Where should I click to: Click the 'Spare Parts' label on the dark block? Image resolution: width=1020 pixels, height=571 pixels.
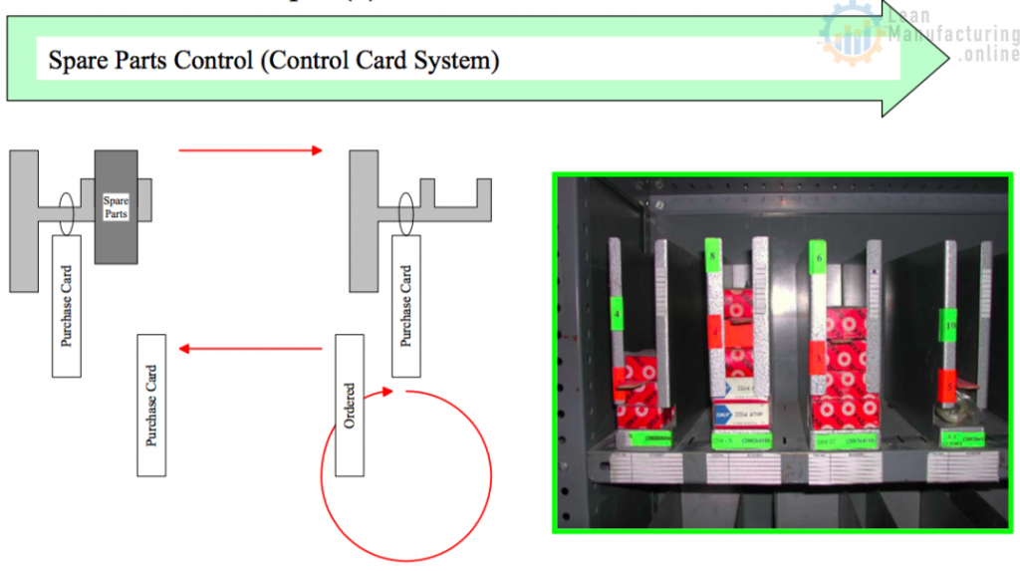pos(117,206)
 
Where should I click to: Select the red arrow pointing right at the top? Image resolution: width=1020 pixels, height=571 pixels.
pos(250,150)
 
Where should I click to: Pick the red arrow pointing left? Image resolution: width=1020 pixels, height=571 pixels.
pos(250,349)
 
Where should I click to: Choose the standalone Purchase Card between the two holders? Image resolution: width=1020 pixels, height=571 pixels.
pos(152,405)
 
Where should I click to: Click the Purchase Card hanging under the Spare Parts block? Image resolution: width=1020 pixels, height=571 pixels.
pos(67,306)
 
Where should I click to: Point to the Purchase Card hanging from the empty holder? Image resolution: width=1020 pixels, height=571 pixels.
pos(406,306)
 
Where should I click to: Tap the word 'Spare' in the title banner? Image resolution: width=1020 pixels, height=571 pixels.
pos(76,61)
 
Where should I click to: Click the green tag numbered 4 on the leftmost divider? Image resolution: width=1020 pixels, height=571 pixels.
pos(617,319)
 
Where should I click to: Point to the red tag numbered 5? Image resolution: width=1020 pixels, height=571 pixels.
pos(948,380)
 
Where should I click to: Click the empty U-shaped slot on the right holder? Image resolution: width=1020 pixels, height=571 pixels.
pos(455,191)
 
